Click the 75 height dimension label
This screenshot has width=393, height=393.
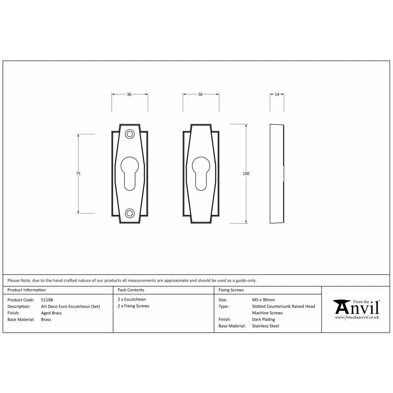[79, 173]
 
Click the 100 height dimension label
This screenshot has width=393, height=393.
[246, 173]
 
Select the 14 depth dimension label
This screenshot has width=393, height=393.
[277, 94]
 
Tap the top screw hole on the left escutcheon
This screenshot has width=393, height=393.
[129, 134]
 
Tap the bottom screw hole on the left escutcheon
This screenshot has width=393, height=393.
[129, 213]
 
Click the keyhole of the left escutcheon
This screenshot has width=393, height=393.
[129, 171]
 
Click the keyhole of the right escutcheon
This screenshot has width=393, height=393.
[201, 171]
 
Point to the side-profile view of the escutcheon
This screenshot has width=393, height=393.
[277, 173]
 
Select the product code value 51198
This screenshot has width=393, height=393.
[47, 300]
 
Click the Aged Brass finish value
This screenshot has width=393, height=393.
[51, 313]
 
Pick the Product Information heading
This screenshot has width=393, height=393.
[26, 290]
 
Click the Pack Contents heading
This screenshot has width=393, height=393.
[131, 290]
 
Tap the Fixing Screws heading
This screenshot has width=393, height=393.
[231, 290]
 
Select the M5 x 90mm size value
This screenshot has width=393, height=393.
[263, 300]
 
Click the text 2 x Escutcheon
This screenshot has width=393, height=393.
[132, 299]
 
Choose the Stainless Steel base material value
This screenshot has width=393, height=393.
[265, 326]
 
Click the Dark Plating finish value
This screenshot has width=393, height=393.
[263, 320]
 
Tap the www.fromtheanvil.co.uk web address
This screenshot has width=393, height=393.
[357, 317]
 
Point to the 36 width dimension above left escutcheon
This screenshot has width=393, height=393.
[129, 94]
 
